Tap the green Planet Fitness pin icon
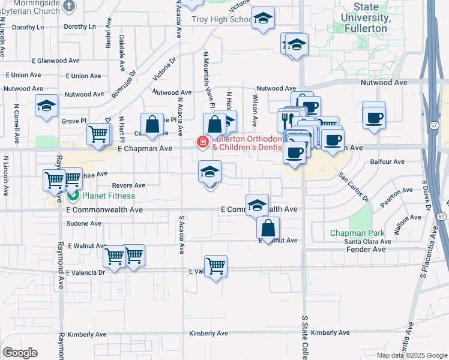[x=73, y=196]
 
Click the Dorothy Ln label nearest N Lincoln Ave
[x=28, y=28]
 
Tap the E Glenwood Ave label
[x=58, y=61]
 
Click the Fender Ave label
[x=369, y=249]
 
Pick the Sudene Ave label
[x=83, y=223]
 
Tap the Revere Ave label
[x=128, y=186]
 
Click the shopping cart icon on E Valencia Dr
[x=215, y=265]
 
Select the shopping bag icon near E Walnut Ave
[x=268, y=228]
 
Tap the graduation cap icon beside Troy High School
[x=263, y=18]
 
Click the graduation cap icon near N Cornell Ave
[x=46, y=105]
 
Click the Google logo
[x=20, y=353]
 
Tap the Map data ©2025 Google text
[x=412, y=355]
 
